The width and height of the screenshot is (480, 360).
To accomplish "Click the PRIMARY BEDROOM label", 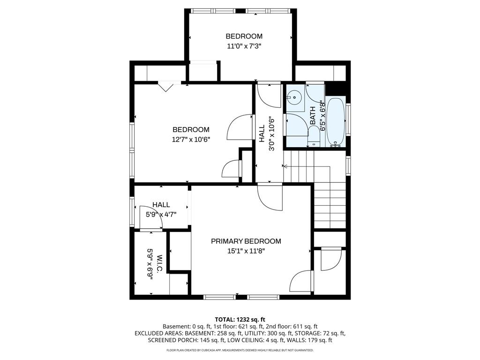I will coord(246,241).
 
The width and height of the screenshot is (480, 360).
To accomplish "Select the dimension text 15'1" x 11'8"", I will coord(246,251).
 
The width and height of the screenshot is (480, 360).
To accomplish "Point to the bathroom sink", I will coord(295,98).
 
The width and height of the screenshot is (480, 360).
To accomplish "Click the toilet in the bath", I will coord(313,136).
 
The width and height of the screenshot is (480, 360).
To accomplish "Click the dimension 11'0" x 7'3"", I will coord(244,46).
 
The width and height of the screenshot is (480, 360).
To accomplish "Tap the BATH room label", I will coord(313,115).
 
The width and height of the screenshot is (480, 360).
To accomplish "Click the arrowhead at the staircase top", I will coord(285,165).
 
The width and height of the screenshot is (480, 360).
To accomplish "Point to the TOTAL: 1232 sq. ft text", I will coord(240,319).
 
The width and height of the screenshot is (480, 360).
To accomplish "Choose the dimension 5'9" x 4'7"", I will coord(161,215).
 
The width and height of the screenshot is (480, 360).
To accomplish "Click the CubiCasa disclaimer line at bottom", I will coord(240,350).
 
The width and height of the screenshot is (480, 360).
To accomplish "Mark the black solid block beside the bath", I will coord(335,89).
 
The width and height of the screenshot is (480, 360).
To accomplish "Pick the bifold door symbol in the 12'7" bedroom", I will coord(166,86).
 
